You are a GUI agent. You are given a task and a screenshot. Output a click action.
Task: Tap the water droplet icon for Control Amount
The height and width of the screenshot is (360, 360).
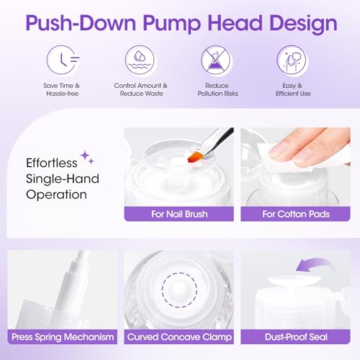point(140,60)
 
